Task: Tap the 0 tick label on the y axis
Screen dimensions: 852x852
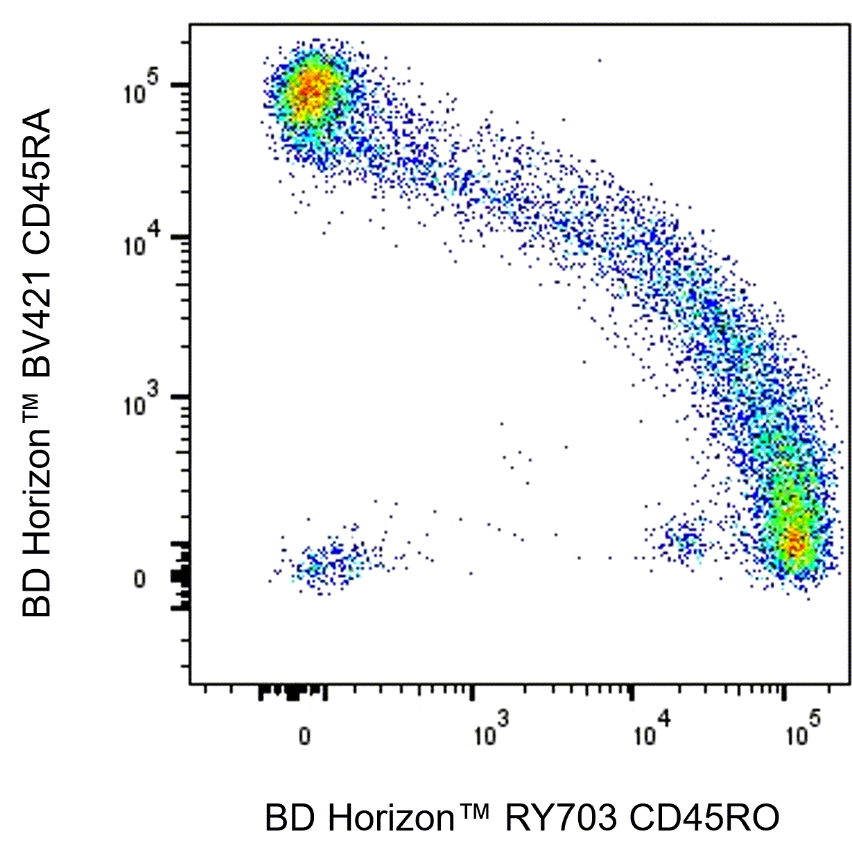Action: coord(140,579)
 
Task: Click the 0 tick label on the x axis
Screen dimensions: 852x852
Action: coord(304,736)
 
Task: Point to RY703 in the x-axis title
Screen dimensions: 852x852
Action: coord(560,818)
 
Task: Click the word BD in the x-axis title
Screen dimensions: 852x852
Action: coord(286,818)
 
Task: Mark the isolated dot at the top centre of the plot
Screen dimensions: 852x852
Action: coord(600,60)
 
